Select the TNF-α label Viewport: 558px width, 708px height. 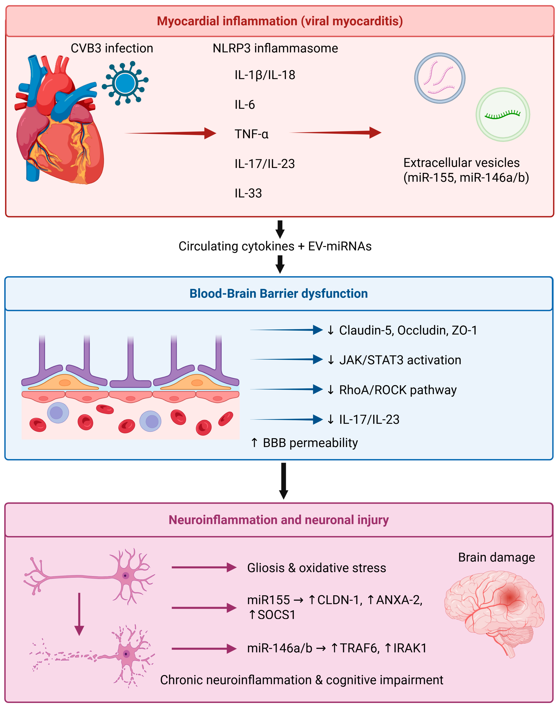click(251, 134)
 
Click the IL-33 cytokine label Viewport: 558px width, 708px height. click(248, 193)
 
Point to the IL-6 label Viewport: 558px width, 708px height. click(244, 105)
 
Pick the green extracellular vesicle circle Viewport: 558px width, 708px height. click(502, 114)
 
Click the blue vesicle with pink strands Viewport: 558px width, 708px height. click(440, 78)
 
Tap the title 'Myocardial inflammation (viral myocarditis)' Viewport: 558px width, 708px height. click(280, 21)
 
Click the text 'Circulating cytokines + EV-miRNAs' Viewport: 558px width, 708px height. click(275, 246)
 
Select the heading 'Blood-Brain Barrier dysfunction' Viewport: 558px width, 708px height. click(278, 293)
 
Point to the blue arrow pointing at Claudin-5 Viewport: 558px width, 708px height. click(286, 330)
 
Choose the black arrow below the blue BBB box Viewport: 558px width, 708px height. click(284, 480)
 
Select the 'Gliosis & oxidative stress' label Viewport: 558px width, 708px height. click(316, 568)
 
